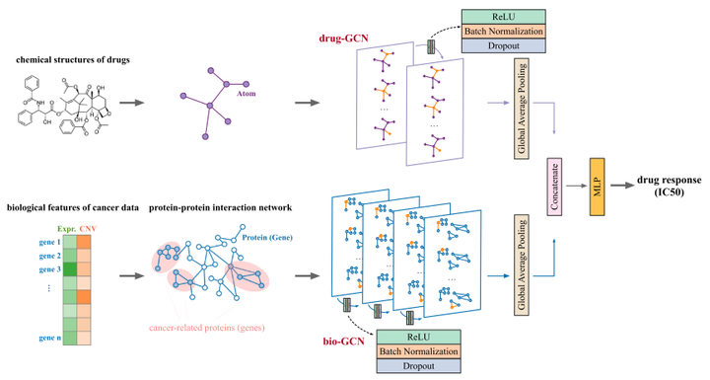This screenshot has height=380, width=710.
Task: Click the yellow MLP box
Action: (596, 185)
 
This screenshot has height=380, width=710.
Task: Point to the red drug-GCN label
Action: (341, 38)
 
